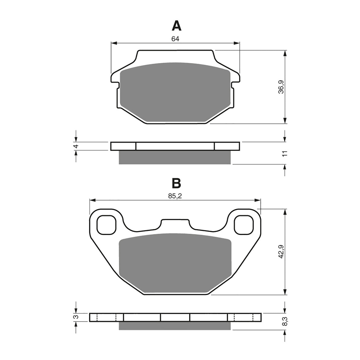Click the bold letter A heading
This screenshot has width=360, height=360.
coord(176,26)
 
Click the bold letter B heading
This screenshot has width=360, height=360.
coord(176,184)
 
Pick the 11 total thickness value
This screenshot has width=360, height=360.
coord(285,153)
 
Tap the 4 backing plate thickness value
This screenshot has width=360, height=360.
coord(76,146)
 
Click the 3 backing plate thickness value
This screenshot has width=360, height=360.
coord(76,317)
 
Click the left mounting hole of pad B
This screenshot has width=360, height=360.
coord(106,225)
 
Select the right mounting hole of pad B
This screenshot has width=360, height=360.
coord(244,225)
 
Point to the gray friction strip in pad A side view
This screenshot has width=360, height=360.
coord(175,157)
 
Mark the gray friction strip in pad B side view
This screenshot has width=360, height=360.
coord(175,325)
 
